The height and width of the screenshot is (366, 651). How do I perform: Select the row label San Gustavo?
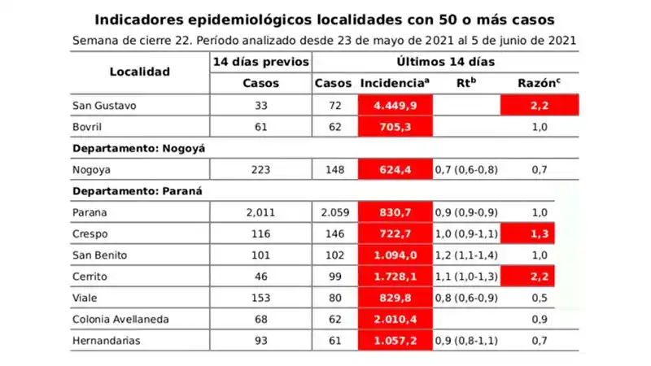pos(103,106)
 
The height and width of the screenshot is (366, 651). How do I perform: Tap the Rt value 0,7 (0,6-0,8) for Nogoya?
pos(466,169)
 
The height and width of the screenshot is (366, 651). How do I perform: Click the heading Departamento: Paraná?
pos(137,191)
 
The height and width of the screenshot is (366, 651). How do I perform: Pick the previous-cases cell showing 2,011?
pos(260,213)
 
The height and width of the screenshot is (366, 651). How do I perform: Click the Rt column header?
pos(466,83)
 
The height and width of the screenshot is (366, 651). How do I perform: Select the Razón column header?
pos(538,83)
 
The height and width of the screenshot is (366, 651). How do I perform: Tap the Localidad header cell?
pos(140,72)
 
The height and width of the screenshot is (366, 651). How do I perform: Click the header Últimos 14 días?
pos(446,62)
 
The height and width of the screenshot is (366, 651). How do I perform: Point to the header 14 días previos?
pos(260,62)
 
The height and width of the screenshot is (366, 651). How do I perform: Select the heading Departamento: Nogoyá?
pos(139,148)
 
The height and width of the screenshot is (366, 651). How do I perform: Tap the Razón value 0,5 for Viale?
pos(538,298)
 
